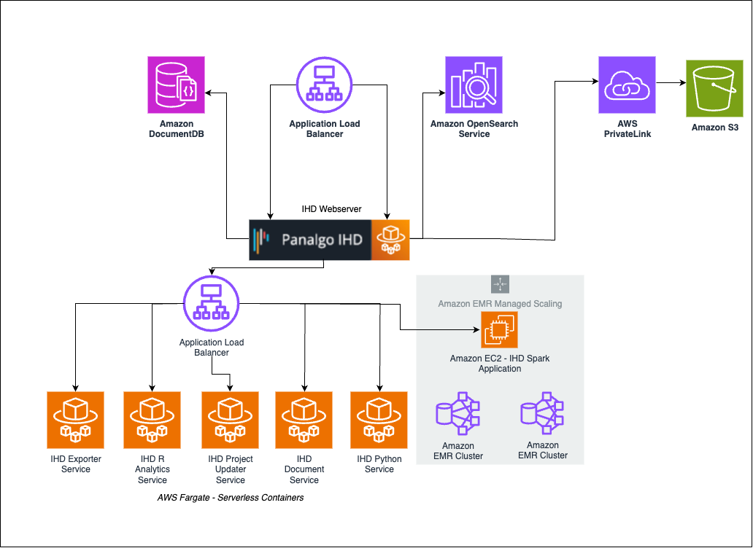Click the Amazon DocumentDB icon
click(x=176, y=85)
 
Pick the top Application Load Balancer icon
click(x=324, y=85)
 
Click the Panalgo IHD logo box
click(x=310, y=240)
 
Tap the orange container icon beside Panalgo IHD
click(x=390, y=240)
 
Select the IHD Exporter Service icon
click(x=75, y=420)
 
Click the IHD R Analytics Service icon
click(x=152, y=420)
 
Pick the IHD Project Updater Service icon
click(x=230, y=420)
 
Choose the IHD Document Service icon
click(x=304, y=420)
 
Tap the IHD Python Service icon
click(x=379, y=420)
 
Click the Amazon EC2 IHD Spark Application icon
click(x=499, y=330)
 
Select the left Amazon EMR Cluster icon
click(x=457, y=415)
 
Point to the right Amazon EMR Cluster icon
click(x=543, y=414)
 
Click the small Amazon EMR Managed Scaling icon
click(x=500, y=285)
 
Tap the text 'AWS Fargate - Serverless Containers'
click(x=230, y=498)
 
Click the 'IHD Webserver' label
click(x=331, y=209)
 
